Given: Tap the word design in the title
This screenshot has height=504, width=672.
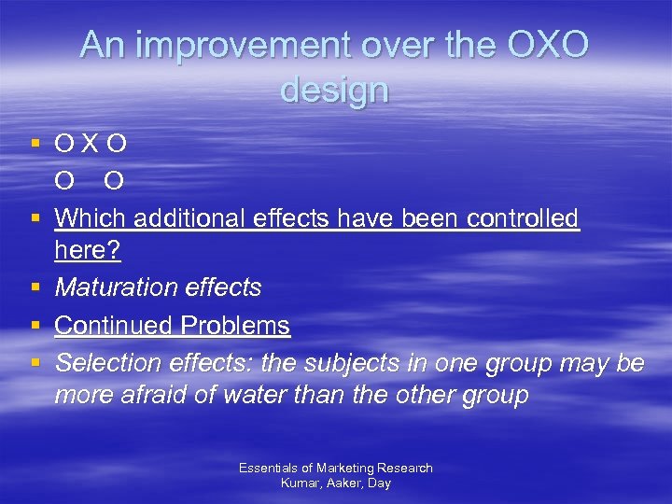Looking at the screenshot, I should click(x=334, y=90).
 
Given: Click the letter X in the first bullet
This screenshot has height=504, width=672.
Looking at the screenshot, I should click(x=91, y=145).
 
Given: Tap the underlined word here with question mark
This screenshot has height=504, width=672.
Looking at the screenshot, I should click(x=88, y=253).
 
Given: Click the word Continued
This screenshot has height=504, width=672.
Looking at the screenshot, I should click(x=114, y=326).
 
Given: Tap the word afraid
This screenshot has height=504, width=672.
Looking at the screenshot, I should click(x=163, y=395).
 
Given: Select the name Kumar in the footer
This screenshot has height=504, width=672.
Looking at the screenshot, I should click(x=301, y=483).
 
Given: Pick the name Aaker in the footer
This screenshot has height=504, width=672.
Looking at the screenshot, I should click(x=343, y=483).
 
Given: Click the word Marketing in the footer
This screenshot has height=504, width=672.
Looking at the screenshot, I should click(x=344, y=468).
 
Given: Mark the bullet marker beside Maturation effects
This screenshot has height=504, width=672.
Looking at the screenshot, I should click(x=35, y=287).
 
